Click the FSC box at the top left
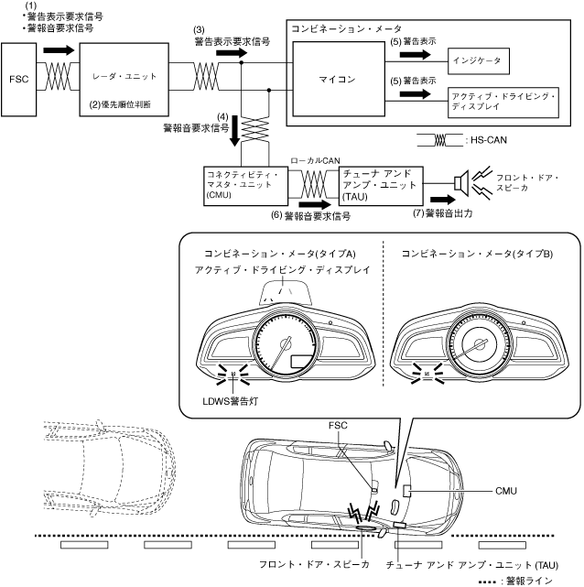[x=18, y=80]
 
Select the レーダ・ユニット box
[x=124, y=80]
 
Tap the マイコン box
[x=339, y=79]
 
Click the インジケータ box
[x=479, y=60]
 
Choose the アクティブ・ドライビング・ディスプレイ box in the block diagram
[x=503, y=103]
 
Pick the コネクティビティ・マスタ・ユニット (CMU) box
[x=246, y=186]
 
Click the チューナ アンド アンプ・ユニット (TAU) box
[x=381, y=186]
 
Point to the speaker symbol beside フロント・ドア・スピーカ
[x=462, y=183]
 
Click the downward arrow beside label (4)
[x=234, y=130]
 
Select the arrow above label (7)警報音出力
[x=443, y=200]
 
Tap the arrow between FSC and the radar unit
[x=59, y=50]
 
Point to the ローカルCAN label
[x=315, y=160]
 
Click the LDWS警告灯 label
[x=231, y=401]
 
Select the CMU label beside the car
[x=506, y=491]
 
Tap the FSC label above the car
[x=338, y=425]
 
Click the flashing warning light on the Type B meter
[x=427, y=374]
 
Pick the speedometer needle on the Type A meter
[x=279, y=355]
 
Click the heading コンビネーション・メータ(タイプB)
[x=477, y=254]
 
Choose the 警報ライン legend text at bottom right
[x=529, y=581]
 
